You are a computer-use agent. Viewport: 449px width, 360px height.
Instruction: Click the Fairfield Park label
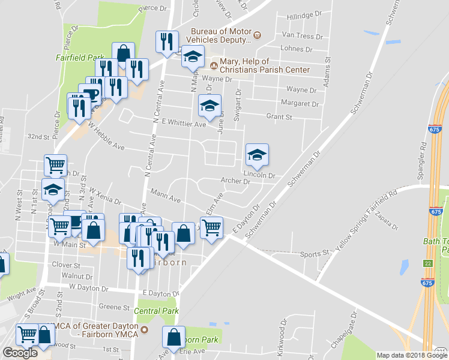tap(80, 58)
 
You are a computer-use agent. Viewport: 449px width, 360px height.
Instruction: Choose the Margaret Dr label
tap(300, 104)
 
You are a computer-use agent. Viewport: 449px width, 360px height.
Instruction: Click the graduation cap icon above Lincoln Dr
tap(257, 155)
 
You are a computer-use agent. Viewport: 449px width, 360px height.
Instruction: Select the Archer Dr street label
tap(235, 181)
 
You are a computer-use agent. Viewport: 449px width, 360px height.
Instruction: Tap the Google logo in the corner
tap(20, 353)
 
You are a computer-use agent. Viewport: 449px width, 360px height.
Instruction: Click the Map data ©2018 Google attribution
tap(411, 355)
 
